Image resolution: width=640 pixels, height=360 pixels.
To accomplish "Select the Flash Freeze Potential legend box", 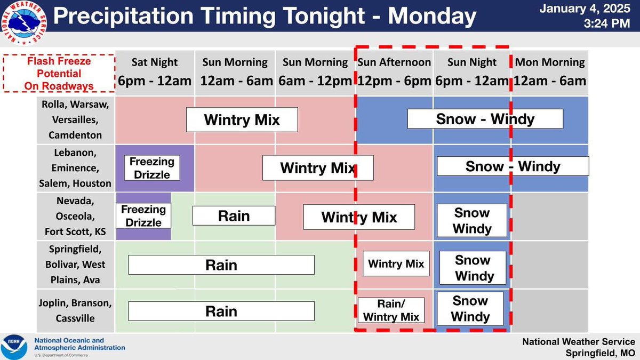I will click(59, 73).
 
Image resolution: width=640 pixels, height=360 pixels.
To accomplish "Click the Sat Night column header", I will click(155, 71).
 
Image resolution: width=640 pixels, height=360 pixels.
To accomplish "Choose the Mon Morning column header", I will click(550, 71).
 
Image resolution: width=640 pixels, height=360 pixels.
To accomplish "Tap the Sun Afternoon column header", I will click(394, 71).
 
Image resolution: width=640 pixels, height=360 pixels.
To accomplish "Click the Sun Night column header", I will click(472, 71).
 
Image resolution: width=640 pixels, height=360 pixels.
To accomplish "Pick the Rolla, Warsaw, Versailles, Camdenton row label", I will click(75, 120).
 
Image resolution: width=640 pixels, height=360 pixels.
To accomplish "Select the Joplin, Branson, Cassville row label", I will click(75, 311).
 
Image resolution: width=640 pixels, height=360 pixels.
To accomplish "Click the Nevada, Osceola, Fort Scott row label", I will click(75, 217).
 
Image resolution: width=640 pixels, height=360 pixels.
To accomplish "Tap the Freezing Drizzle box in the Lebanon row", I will click(152, 167).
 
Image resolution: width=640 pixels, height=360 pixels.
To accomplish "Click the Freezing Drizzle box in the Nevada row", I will click(144, 215).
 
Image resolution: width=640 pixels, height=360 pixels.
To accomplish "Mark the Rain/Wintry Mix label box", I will click(391, 310).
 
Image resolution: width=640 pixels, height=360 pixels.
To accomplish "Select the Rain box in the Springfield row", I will click(221, 265).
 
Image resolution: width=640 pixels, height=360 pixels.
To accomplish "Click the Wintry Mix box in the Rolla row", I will click(242, 119).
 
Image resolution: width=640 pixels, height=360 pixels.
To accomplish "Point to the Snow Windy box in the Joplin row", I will click(470, 308).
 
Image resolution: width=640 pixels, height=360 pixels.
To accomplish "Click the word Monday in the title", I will click(432, 17).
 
